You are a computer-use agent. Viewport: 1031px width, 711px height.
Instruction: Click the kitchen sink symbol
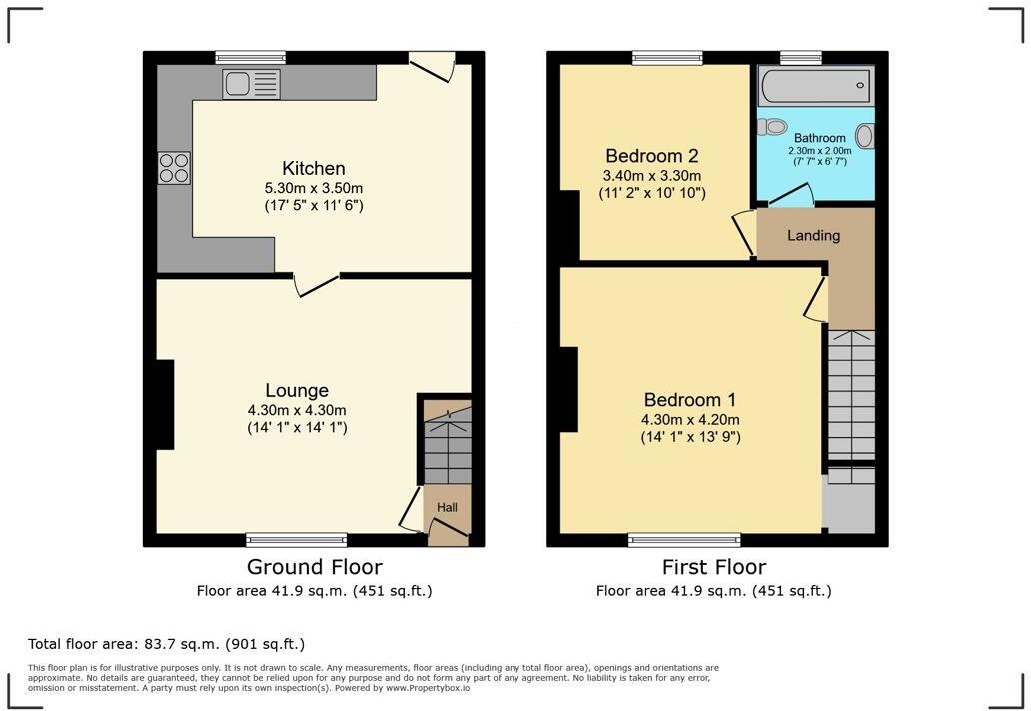pyautogui.click(x=251, y=84)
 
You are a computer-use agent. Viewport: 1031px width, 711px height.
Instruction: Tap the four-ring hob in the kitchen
pyautogui.click(x=174, y=168)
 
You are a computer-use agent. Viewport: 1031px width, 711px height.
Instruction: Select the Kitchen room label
pyautogui.click(x=314, y=168)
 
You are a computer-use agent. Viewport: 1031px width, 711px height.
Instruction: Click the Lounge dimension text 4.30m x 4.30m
pyautogui.click(x=297, y=410)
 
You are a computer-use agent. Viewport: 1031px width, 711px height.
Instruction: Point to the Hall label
pyautogui.click(x=448, y=507)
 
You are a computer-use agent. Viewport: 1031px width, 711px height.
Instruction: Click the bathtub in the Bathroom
pyautogui.click(x=816, y=85)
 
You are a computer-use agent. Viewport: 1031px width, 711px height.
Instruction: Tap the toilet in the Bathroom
pyautogui.click(x=772, y=126)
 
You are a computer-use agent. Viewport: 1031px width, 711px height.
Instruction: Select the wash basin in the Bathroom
pyautogui.click(x=864, y=136)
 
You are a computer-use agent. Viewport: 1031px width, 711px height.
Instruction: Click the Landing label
pyautogui.click(x=814, y=236)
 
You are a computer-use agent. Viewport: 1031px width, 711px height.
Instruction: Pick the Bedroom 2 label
pyautogui.click(x=652, y=156)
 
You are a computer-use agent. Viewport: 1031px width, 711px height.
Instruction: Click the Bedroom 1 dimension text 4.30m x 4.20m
pyautogui.click(x=690, y=419)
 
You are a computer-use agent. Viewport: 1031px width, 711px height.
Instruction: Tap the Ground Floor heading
pyautogui.click(x=315, y=566)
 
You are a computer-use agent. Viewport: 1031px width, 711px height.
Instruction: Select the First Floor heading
pyautogui.click(x=714, y=566)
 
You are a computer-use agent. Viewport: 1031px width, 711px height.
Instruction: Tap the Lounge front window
pyautogui.click(x=297, y=540)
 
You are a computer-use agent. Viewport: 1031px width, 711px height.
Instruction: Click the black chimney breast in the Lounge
pyautogui.click(x=165, y=404)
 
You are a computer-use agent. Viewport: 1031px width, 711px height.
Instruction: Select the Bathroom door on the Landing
pyautogui.click(x=792, y=195)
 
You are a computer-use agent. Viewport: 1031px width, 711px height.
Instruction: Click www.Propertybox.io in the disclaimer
pyautogui.click(x=428, y=688)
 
